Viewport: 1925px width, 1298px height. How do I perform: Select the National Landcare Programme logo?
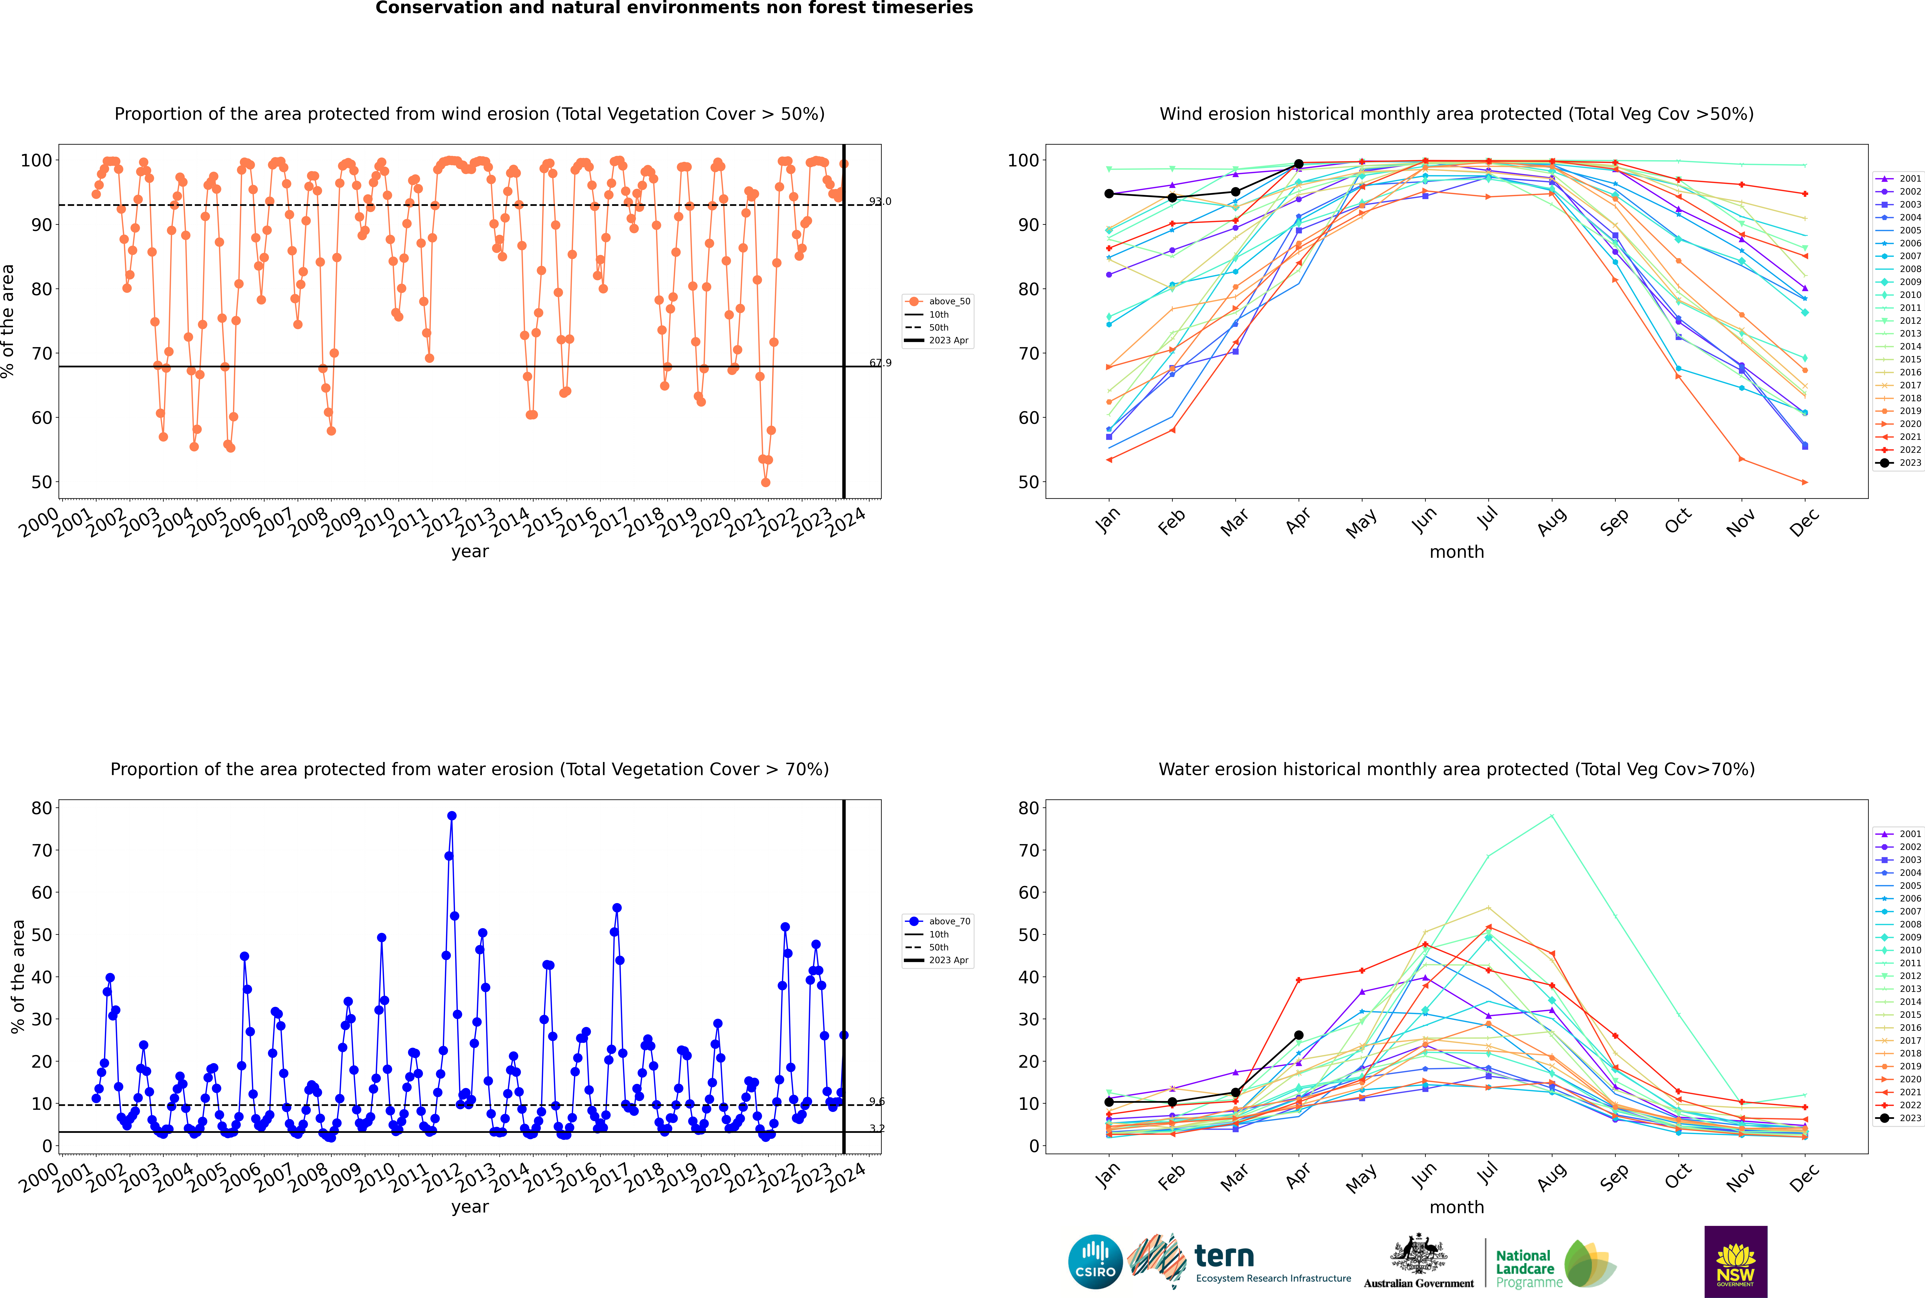(x=1554, y=1264)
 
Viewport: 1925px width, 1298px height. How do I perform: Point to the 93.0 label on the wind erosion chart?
(x=880, y=201)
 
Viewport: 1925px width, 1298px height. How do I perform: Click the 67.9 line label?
(x=880, y=363)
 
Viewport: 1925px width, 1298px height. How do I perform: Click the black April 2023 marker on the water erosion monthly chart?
(x=1299, y=1036)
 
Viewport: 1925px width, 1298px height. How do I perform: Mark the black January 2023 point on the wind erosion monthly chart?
(x=1109, y=194)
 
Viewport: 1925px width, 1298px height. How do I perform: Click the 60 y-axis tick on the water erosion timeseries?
(x=41, y=892)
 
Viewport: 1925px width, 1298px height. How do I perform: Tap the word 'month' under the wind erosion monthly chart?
(x=1457, y=552)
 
